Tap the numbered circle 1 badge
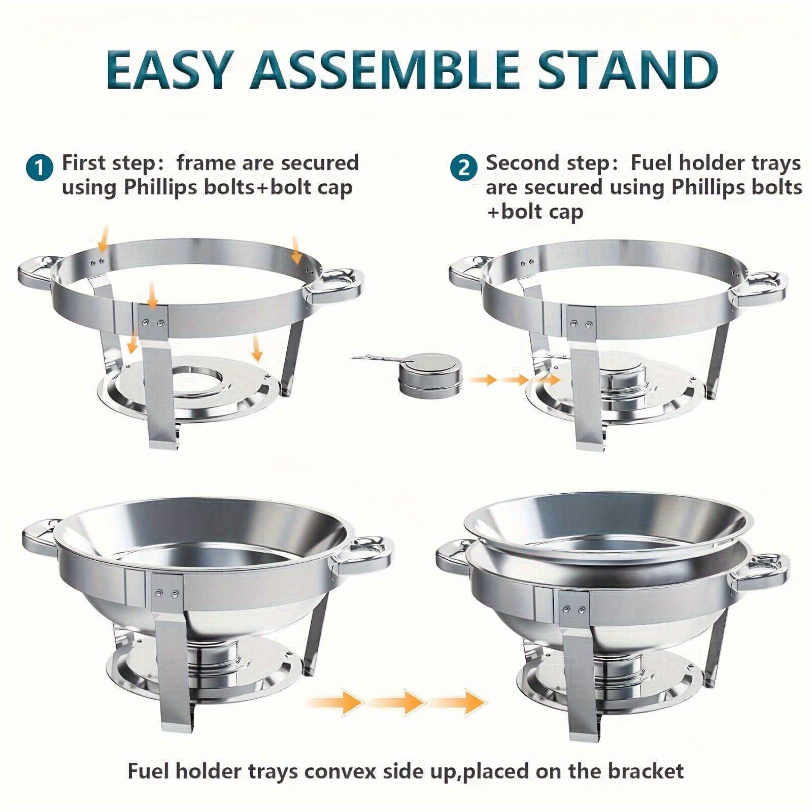(x=39, y=167)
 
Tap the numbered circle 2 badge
(x=463, y=167)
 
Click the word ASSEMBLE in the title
(x=384, y=70)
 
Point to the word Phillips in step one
(x=162, y=188)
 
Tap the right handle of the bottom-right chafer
(x=766, y=571)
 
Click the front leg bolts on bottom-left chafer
(x=167, y=593)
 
